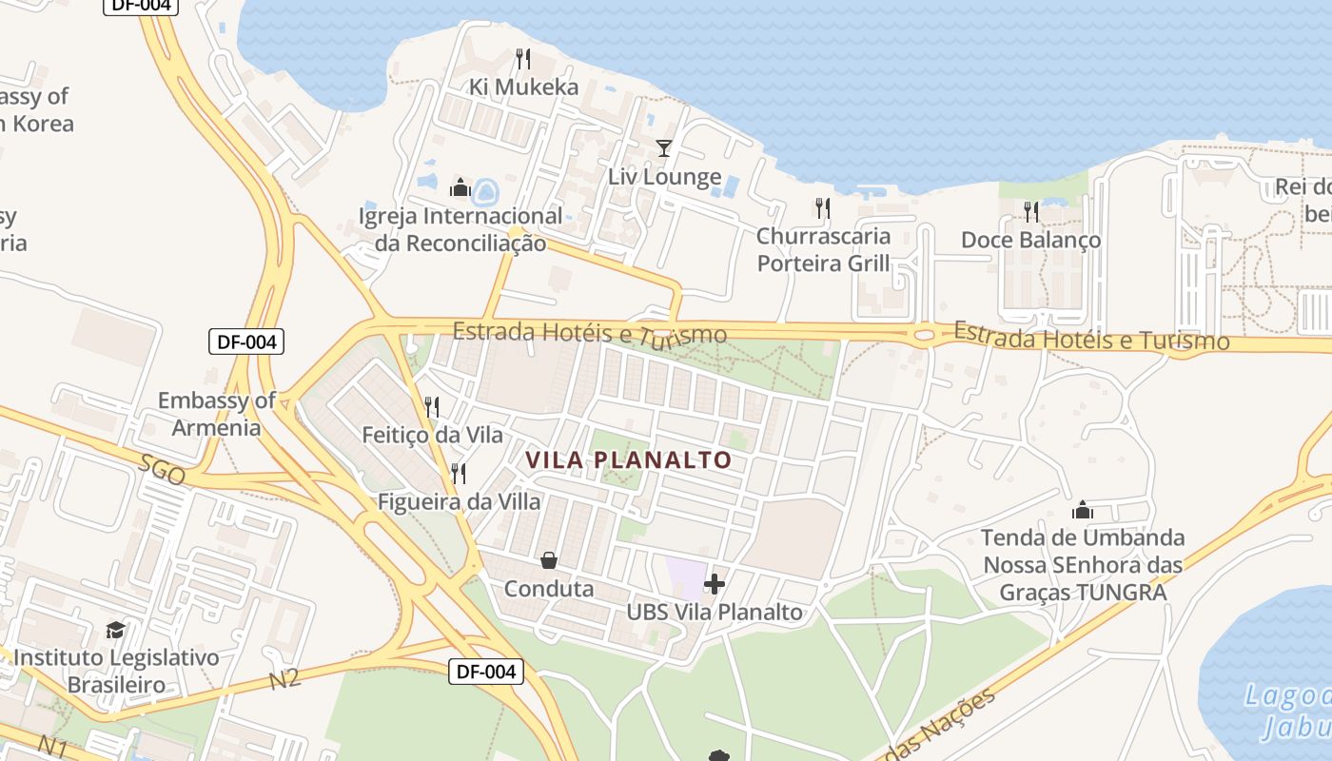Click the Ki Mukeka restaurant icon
(x=522, y=59)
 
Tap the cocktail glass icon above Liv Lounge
(x=664, y=148)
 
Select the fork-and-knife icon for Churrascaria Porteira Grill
(x=823, y=208)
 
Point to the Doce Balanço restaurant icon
(x=1031, y=211)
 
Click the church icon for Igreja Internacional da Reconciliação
(x=460, y=187)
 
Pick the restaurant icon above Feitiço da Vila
(x=432, y=407)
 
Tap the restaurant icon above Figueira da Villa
(x=459, y=473)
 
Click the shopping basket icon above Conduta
(x=549, y=560)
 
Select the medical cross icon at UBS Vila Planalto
(x=715, y=583)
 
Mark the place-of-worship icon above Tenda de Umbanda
(x=1083, y=510)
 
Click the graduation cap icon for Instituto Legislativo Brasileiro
(x=115, y=630)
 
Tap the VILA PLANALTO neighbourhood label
(x=629, y=460)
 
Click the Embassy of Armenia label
(x=217, y=414)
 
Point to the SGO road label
(x=162, y=470)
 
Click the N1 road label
(x=51, y=745)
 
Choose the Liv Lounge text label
(x=664, y=177)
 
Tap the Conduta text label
(x=549, y=589)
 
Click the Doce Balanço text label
(x=1030, y=240)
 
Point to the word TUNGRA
(x=1121, y=592)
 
